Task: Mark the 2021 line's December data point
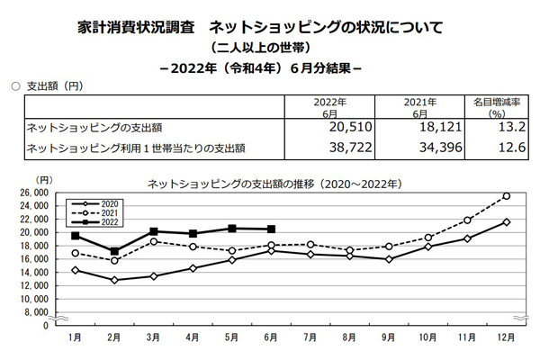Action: pos(506,196)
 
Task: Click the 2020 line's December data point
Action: pos(506,222)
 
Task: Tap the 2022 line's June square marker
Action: pos(272,229)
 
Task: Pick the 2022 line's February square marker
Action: pos(114,251)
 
